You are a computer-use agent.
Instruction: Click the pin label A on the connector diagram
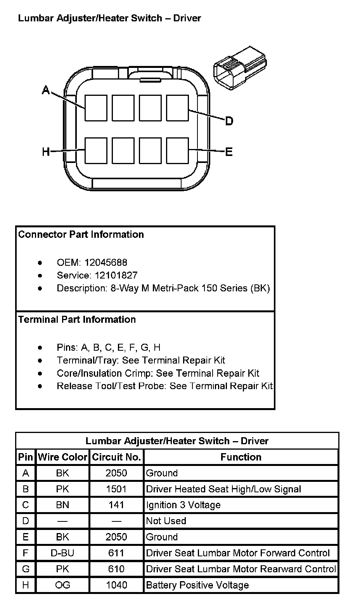tap(46, 90)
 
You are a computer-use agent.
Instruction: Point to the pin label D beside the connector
tap(229, 121)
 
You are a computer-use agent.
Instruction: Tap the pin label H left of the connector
tap(46, 151)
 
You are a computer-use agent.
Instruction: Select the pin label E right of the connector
tap(229, 151)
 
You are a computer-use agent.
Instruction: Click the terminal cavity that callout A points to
tap(96, 108)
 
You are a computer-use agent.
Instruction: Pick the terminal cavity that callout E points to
tap(177, 150)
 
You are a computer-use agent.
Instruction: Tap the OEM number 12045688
tap(106, 262)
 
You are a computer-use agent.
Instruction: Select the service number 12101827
tap(111, 275)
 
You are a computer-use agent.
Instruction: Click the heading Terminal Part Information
tap(77, 319)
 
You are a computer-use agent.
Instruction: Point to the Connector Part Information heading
tap(81, 234)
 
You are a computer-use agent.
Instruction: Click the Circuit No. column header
tap(116, 457)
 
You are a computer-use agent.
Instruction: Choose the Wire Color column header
tap(62, 457)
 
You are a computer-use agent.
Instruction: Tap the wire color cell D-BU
tap(62, 553)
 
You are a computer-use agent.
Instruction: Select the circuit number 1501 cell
tap(116, 489)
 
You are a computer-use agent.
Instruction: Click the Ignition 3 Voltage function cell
tap(183, 505)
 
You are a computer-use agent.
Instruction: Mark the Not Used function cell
tap(166, 521)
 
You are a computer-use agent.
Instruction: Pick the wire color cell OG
tap(62, 585)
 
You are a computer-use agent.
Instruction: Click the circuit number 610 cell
tap(116, 569)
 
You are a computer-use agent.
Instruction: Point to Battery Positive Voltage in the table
tap(197, 585)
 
